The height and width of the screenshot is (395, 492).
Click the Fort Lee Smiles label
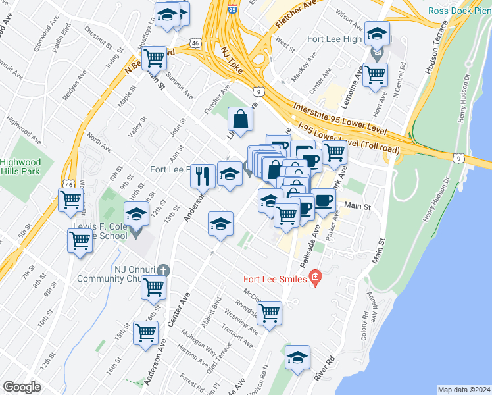(x=276, y=279)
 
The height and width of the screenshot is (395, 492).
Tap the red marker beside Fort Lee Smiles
(x=315, y=278)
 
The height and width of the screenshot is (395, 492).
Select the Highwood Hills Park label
(x=20, y=167)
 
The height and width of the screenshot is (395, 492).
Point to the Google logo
(x=22, y=387)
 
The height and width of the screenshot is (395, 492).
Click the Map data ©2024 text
(x=464, y=390)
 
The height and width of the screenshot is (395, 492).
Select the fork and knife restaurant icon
(x=203, y=176)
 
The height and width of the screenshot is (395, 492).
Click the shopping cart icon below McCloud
(x=269, y=314)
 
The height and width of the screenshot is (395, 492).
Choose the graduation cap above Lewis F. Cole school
(x=137, y=214)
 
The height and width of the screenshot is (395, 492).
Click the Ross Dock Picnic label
(x=460, y=11)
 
